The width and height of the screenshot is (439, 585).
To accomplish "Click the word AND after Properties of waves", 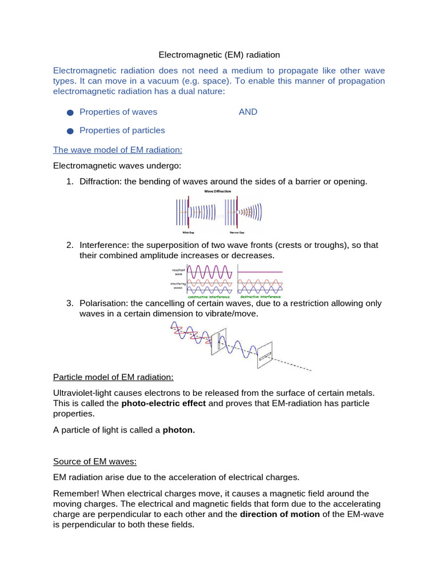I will coord(248,112).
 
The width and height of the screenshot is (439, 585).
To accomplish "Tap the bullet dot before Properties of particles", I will coord(70,131).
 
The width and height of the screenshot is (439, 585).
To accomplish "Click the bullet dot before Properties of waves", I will coord(70,113).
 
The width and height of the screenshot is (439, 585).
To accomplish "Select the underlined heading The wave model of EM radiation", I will coord(118,150).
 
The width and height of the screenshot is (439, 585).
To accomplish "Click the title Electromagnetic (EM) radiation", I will coord(219,55).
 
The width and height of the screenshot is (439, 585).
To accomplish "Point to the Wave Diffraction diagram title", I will coord(218,192).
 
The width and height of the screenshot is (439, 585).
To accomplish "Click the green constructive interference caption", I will coord(209,297).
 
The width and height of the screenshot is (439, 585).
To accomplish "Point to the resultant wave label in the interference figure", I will coord(176,271).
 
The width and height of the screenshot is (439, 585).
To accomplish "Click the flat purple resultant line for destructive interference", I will coord(260,272).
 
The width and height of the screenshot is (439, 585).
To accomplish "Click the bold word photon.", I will coord(179,431).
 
